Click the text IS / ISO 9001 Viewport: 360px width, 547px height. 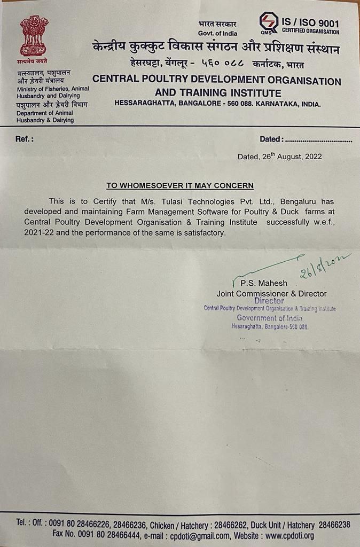[x=310, y=23]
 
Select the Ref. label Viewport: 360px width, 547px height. [x=25, y=139]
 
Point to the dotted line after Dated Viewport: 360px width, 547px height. [x=318, y=140]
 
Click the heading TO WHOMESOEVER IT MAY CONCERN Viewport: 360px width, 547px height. [x=179, y=186]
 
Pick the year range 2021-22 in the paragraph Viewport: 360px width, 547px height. [x=38, y=233]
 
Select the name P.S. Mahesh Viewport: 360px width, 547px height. [x=263, y=283]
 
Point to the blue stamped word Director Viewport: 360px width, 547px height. [x=269, y=301]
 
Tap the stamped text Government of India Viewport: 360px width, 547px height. [x=269, y=318]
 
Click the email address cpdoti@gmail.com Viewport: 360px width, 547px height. [x=199, y=535]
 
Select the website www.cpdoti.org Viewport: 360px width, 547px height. [x=289, y=535]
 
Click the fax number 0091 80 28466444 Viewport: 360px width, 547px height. [x=114, y=535]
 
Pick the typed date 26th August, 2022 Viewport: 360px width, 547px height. [x=279, y=157]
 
